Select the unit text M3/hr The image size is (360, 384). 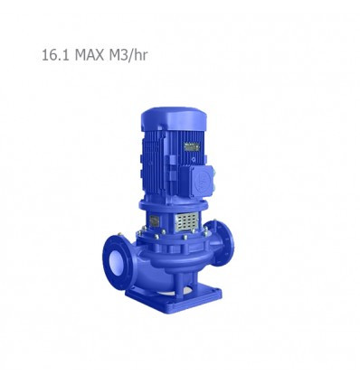click(128, 55)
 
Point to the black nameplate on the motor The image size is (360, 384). click(192, 146)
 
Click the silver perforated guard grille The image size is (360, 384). click(187, 221)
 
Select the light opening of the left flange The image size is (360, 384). click(115, 261)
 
